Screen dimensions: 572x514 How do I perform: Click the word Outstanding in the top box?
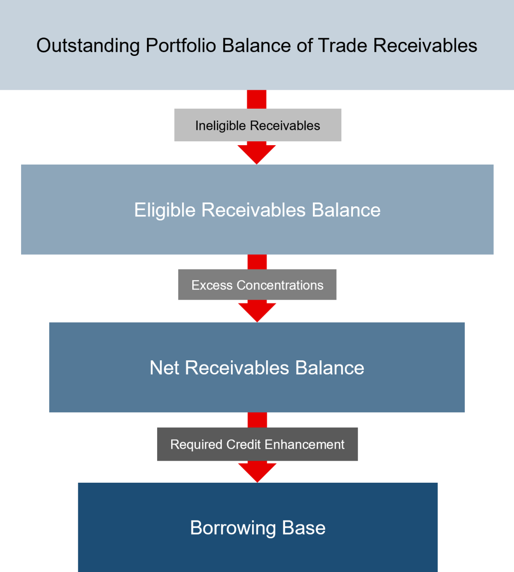click(88, 46)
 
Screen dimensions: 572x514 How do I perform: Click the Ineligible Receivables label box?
click(257, 125)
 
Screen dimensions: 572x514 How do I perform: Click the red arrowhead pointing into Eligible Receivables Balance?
click(257, 154)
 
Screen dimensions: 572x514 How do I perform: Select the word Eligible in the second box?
click(165, 210)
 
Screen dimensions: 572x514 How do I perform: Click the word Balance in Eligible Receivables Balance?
click(346, 210)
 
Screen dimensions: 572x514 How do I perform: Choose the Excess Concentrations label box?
click(257, 285)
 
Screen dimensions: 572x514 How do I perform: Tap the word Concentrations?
click(280, 285)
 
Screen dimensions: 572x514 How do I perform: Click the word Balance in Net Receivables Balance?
click(330, 368)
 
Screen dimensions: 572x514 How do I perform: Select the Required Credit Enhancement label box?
click(257, 444)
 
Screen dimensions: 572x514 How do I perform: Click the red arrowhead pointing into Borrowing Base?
click(257, 472)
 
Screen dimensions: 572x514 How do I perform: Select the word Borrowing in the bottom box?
click(233, 528)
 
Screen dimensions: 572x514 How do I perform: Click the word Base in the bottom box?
click(304, 528)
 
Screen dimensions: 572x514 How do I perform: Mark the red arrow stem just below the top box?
click(257, 99)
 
